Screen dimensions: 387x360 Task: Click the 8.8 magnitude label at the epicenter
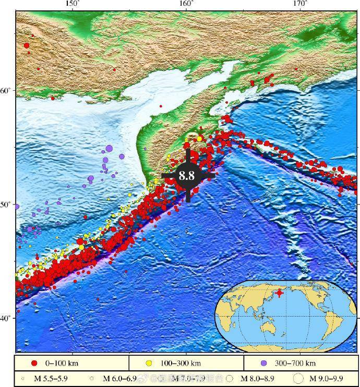point(187,176)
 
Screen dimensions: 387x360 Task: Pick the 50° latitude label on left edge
point(7,204)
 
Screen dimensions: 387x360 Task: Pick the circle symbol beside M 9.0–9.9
point(298,378)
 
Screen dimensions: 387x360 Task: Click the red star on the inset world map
point(280,293)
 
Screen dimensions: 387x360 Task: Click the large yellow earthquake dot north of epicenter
point(199,139)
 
